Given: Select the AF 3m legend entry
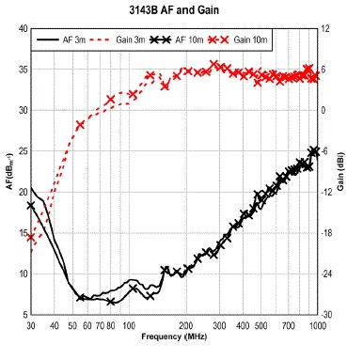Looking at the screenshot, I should pyautogui.click(x=66, y=41).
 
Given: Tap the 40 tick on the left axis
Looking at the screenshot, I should pyautogui.click(x=22, y=29).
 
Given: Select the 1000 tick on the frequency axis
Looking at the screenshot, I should pyautogui.click(x=318, y=325).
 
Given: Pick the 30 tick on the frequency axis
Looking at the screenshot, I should pyautogui.click(x=30, y=325).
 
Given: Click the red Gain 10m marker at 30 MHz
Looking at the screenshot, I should pyautogui.click(x=31, y=237).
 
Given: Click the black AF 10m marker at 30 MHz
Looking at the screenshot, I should pyautogui.click(x=31, y=206).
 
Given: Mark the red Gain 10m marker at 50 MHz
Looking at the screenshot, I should pyautogui.click(x=80, y=124).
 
